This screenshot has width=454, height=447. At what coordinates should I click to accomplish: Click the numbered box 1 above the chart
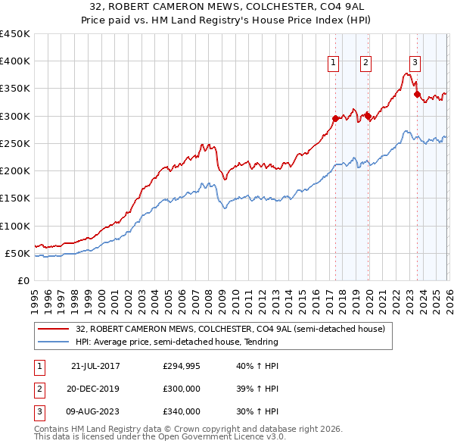point(333,64)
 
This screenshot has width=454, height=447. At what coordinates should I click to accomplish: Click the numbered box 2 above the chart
point(365,64)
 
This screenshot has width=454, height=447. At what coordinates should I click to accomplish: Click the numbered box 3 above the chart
point(415,64)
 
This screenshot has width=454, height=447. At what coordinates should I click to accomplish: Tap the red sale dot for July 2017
point(335,118)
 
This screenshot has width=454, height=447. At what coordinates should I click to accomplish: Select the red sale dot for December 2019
point(368,116)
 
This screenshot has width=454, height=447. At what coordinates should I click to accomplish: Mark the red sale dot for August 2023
point(417,94)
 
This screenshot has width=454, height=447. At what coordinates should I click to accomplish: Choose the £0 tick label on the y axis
point(23,280)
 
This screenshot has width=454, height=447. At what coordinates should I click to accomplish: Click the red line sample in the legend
point(54,329)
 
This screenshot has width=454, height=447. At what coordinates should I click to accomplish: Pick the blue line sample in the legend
point(54,342)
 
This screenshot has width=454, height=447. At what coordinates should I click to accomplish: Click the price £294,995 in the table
point(182,366)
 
